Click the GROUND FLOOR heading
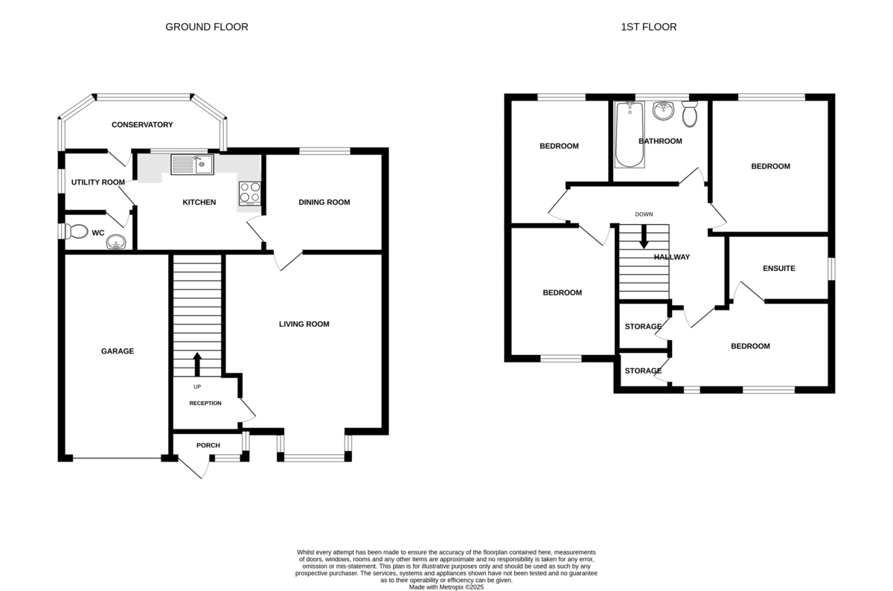click(207, 27)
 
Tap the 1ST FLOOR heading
click(649, 27)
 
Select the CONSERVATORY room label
click(142, 125)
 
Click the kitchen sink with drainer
click(192, 164)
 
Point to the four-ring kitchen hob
click(250, 194)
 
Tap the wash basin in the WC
click(116, 242)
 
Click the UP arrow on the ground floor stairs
click(197, 364)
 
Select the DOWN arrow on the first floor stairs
click(644, 237)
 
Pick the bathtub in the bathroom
click(630, 135)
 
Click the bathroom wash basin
click(663, 110)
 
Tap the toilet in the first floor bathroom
click(690, 114)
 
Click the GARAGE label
click(118, 351)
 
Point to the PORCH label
click(208, 445)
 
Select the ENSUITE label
click(779, 269)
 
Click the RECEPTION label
click(205, 403)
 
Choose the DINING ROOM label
click(324, 202)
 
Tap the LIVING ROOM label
click(304, 325)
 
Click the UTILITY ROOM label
click(98, 182)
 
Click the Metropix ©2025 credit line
click(446, 587)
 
